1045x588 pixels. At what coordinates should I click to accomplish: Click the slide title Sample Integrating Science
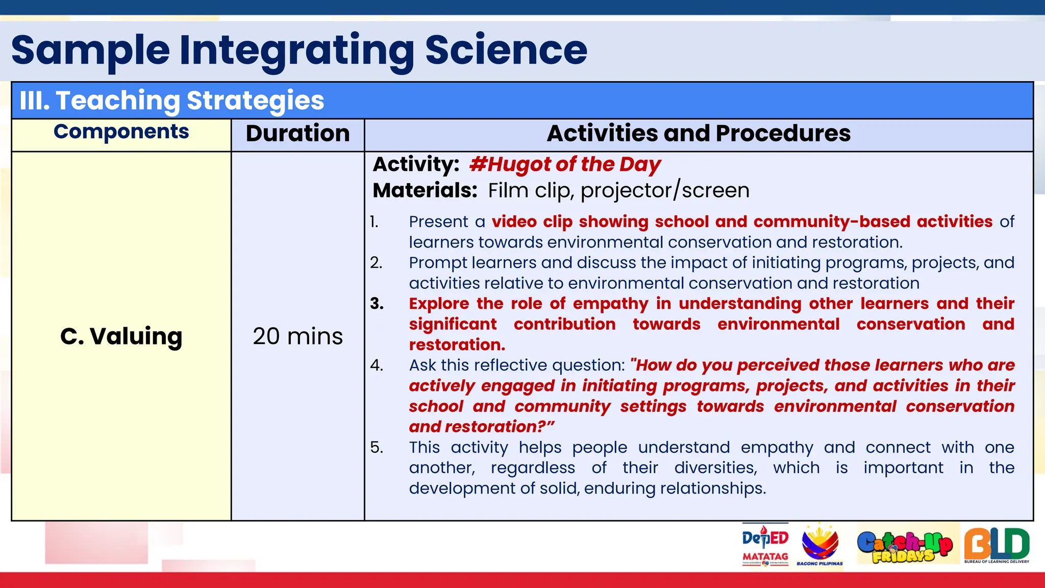pyautogui.click(x=299, y=50)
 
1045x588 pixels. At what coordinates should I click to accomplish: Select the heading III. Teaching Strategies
pyautogui.click(x=171, y=100)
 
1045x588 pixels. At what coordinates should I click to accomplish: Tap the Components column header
pyautogui.click(x=121, y=132)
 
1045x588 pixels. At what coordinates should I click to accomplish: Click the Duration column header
pyautogui.click(x=297, y=133)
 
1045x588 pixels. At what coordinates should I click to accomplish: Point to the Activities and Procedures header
pyautogui.click(x=698, y=133)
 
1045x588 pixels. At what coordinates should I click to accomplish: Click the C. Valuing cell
pyautogui.click(x=121, y=336)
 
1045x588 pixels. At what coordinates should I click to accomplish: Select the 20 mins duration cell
pyautogui.click(x=297, y=336)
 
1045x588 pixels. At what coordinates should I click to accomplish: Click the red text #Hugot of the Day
pyautogui.click(x=564, y=164)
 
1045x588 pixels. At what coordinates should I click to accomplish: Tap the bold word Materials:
pyautogui.click(x=425, y=190)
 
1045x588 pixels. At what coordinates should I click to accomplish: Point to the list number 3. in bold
pyautogui.click(x=377, y=304)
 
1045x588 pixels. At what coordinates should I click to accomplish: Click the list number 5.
pyautogui.click(x=377, y=447)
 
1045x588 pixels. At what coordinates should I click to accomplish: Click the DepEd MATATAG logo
pyautogui.click(x=765, y=545)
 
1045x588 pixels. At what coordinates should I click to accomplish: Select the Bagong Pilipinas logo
pyautogui.click(x=819, y=545)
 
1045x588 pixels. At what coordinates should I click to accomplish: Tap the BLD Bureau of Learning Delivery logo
pyautogui.click(x=997, y=545)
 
